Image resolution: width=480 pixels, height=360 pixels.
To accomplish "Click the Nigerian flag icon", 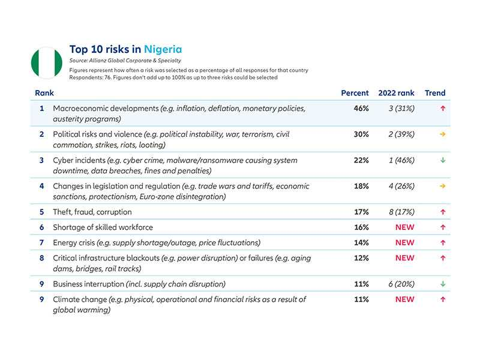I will tap(47, 62).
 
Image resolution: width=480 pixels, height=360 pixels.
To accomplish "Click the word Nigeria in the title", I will tap(161, 49).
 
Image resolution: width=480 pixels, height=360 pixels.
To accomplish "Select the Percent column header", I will tap(355, 93).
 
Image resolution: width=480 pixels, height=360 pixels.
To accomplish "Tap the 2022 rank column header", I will tap(396, 93).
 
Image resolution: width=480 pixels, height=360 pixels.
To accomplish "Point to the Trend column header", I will tap(435, 93).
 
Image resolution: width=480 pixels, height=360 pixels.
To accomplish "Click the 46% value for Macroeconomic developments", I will tap(361, 109).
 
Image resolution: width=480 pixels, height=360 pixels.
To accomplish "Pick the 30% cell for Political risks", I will tap(361, 134).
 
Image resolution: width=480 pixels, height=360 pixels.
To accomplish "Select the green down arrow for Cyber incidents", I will tap(443, 160).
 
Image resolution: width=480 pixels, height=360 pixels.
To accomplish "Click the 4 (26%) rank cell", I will tap(401, 186).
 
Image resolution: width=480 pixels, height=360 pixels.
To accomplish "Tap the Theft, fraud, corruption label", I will tap(92, 212).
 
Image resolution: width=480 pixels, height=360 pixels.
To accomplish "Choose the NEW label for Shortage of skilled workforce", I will tap(404, 227).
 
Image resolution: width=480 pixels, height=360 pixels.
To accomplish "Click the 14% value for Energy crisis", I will tap(361, 242).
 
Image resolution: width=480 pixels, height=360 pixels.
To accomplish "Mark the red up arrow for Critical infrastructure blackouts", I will tap(443, 258).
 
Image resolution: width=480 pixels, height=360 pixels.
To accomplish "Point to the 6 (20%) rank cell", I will tap(401, 284).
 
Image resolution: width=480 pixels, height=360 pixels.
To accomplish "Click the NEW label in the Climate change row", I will tap(404, 299).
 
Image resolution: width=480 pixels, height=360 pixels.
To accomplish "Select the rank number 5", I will tap(41, 212).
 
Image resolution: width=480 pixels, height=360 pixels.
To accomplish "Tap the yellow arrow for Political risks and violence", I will tap(443, 134).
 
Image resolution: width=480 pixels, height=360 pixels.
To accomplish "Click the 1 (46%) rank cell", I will tap(401, 160).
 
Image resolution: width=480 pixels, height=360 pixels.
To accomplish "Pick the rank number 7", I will tap(41, 242).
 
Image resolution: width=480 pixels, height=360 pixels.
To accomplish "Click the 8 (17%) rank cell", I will tap(401, 212).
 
